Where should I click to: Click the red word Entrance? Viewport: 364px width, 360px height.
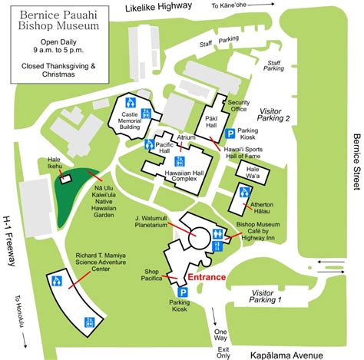pos(204,277)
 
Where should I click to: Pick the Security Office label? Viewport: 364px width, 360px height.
pos(240,106)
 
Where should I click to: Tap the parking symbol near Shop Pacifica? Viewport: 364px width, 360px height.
pos(184,292)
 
